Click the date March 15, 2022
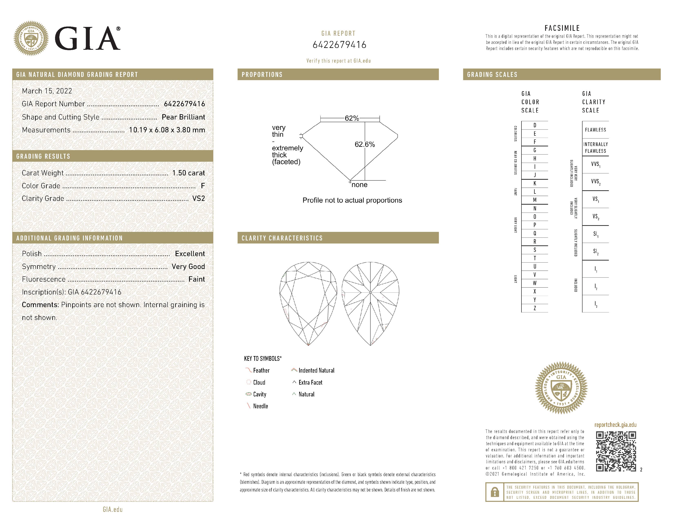pos(47,91)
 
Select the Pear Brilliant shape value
pos(183,117)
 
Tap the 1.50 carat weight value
pos(188,173)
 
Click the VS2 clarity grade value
pos(198,198)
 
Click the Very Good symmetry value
pos(188,267)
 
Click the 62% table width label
pos(352,118)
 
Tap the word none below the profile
pos(359,185)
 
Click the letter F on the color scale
pos(535,142)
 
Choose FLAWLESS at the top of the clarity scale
pos(595,130)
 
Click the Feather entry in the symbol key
pos(261,370)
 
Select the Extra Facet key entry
pos(310,382)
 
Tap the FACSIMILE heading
pos(562,28)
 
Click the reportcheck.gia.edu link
pos(615,425)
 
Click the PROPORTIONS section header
pos(262,75)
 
